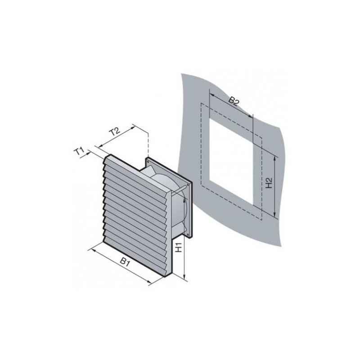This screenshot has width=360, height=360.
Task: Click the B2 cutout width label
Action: [x=233, y=101]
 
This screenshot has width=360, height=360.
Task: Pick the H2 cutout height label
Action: [x=269, y=183]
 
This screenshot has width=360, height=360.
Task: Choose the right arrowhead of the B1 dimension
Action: [x=152, y=283]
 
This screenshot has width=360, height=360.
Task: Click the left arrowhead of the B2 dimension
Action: [x=211, y=95]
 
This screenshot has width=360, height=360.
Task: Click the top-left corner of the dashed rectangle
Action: [x=201, y=104]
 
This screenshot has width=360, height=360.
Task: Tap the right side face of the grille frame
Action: [x=169, y=234]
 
